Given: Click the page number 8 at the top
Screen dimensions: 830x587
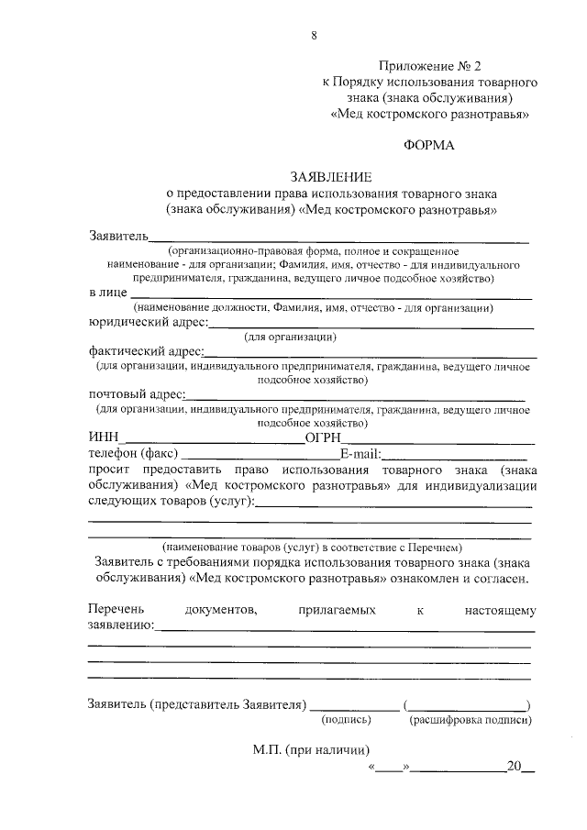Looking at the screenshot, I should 314,36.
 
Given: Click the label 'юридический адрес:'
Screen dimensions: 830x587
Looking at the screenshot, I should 148,322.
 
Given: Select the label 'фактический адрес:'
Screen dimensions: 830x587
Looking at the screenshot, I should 145,350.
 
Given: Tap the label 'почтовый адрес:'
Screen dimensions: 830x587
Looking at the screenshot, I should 136,393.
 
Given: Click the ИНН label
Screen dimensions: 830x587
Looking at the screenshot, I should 105,437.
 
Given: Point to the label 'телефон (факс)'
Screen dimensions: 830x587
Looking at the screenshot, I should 135,453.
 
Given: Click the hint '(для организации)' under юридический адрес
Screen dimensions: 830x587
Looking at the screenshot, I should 289,337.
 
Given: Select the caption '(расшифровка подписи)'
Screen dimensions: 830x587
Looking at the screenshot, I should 470,720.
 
